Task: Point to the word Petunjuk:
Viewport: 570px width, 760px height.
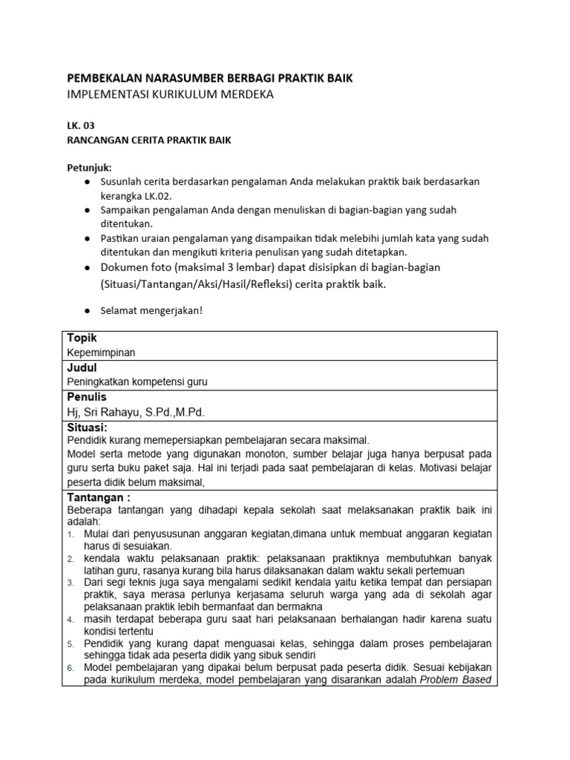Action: click(89, 168)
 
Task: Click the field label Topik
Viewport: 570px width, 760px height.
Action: click(82, 338)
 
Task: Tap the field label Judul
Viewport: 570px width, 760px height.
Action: click(82, 367)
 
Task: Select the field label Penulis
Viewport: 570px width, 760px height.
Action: click(87, 398)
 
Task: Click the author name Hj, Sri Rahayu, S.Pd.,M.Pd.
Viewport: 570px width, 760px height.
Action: click(135, 413)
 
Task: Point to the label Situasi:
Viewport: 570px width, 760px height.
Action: click(88, 428)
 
